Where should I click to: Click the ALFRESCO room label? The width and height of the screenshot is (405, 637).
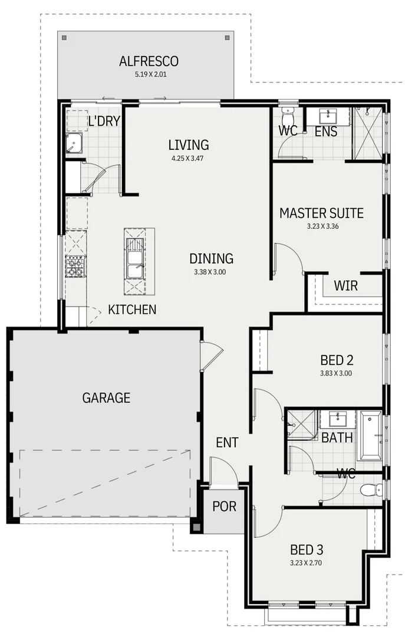(149, 61)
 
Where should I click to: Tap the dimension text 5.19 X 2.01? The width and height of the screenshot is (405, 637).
(149, 75)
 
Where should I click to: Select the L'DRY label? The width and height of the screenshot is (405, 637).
(104, 122)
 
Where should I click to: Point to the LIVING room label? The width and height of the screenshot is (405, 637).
(188, 145)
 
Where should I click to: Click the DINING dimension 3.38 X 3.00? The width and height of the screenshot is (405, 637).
(210, 272)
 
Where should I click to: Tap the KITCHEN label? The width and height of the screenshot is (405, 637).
(132, 309)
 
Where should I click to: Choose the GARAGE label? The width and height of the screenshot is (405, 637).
(106, 398)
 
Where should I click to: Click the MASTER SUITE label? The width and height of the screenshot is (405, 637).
(321, 213)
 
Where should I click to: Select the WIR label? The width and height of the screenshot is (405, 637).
(345, 286)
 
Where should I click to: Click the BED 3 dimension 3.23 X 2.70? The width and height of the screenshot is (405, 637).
(307, 563)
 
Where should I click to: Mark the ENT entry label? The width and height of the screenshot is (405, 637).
(227, 442)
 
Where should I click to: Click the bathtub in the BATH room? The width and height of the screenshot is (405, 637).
(371, 436)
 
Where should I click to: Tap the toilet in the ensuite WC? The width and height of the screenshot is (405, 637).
(288, 114)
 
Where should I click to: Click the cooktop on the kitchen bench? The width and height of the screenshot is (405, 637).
(75, 267)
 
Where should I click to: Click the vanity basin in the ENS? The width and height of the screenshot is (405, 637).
(328, 116)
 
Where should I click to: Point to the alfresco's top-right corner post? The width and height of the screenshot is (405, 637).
(228, 38)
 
